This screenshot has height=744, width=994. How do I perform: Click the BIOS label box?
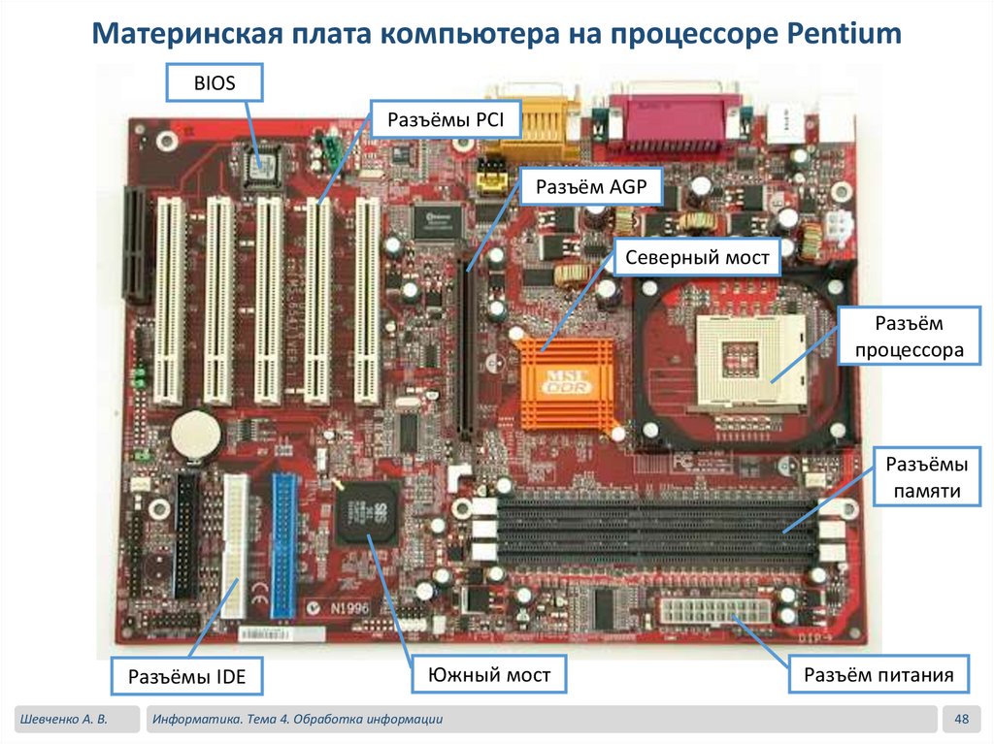coord(215,83)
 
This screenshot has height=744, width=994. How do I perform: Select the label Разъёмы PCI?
coord(444,121)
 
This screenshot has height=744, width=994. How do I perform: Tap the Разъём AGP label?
coord(590,189)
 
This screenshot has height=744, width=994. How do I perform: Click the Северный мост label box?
coord(697,258)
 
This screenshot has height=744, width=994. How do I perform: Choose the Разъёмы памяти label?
coord(921,477)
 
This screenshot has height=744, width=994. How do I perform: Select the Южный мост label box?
coord(488,674)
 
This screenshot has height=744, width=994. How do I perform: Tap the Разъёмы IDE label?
coord(187,676)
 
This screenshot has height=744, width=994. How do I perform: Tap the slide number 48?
coord(962,719)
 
